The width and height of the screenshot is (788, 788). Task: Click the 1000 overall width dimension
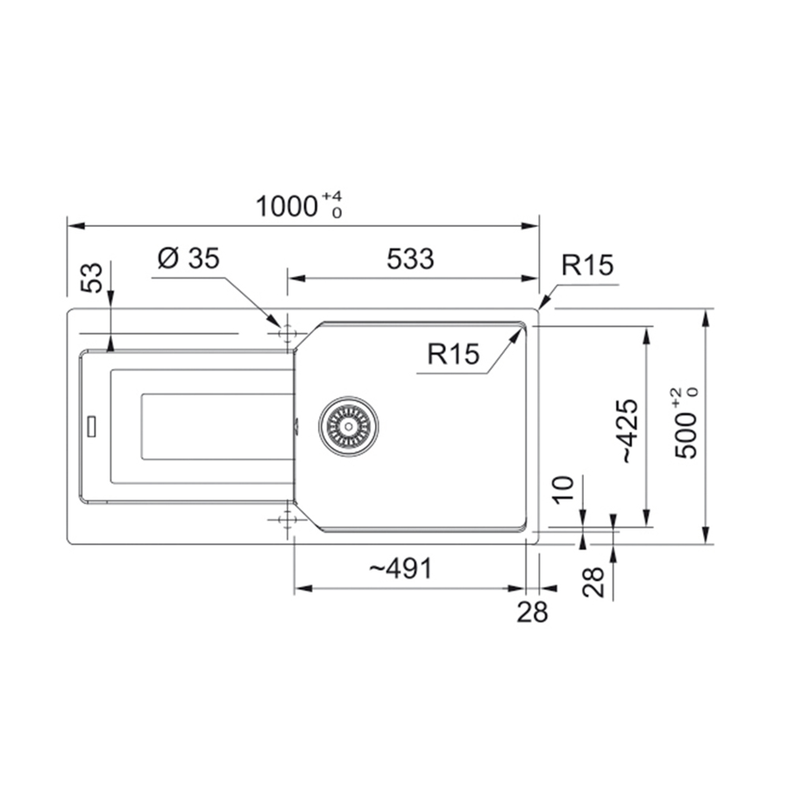click(286, 207)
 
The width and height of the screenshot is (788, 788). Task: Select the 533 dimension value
click(409, 259)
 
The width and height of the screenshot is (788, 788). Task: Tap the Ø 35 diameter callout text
click(188, 259)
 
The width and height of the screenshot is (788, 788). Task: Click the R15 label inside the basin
click(454, 354)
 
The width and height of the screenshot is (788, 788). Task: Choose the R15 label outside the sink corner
click(587, 265)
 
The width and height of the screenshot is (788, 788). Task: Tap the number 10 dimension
click(564, 489)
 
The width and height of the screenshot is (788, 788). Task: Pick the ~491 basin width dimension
click(400, 569)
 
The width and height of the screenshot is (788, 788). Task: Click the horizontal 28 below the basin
click(532, 612)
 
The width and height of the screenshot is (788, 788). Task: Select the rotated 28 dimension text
click(594, 581)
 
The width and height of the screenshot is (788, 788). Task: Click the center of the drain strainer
click(348, 426)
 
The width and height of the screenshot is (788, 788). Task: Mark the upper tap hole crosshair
click(285, 332)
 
